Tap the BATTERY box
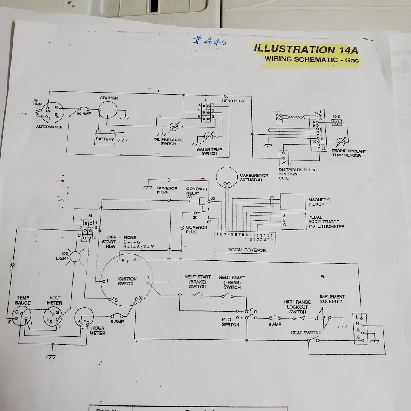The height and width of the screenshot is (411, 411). [x=105, y=139]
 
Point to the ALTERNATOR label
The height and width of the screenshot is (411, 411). [x=49, y=127]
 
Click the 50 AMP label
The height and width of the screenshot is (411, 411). [x=84, y=113]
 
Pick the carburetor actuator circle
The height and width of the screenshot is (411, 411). [x=227, y=176]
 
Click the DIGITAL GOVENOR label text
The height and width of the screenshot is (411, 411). [x=246, y=250]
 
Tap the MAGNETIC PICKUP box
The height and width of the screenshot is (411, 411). [x=293, y=202]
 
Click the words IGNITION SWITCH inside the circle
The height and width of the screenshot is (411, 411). [x=127, y=281]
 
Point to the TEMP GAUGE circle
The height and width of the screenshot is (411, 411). [x=21, y=316]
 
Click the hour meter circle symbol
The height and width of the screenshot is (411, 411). [x=85, y=319]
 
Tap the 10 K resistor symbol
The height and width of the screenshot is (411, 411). [x=337, y=123]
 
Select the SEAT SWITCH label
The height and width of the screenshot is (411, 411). [x=306, y=333]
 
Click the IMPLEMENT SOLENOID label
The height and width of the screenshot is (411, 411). [x=332, y=299]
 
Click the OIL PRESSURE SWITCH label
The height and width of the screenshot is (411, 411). [x=168, y=142]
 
